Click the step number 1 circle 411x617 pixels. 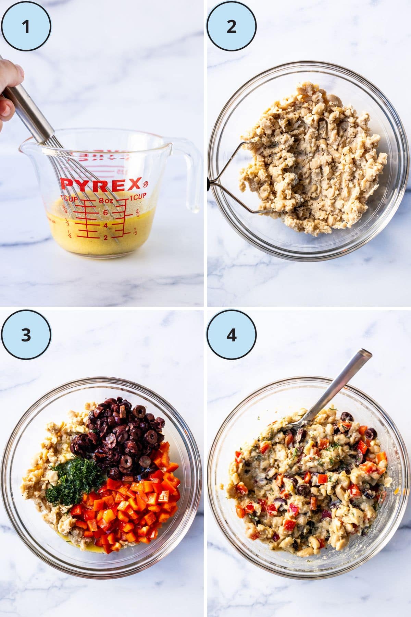[26, 26]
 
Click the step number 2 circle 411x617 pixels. [232, 26]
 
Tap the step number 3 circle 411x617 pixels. [26, 335]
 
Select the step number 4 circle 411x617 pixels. [232, 335]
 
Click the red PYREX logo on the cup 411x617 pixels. [101, 185]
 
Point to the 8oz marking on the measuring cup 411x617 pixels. [105, 201]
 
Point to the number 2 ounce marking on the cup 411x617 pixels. [105, 237]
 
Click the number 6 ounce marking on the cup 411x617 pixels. [105, 213]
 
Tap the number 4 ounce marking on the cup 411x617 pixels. [105, 225]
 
